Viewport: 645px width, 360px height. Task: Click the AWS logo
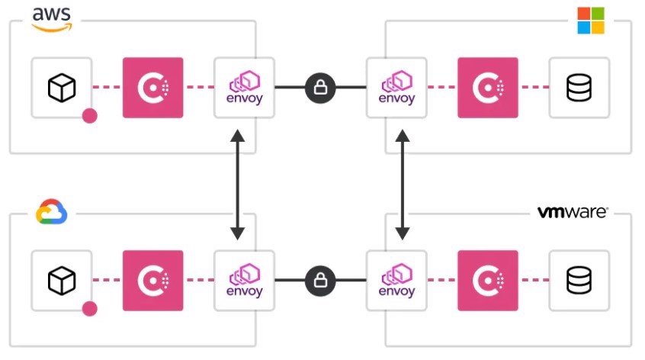(x=51, y=18)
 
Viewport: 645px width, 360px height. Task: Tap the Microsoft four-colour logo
(x=590, y=21)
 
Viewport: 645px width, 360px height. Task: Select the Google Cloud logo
(x=52, y=211)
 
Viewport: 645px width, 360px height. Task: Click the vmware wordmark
(x=573, y=212)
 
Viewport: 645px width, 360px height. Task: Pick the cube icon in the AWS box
(x=62, y=88)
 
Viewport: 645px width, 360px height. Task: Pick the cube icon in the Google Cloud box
(x=62, y=281)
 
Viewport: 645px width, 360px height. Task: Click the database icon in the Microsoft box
(x=579, y=88)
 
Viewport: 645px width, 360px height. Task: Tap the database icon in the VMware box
(x=579, y=281)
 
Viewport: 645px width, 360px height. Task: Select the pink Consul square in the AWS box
(x=153, y=88)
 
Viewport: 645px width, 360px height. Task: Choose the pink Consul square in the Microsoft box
(x=488, y=88)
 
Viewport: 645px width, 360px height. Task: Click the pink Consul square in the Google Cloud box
(x=153, y=281)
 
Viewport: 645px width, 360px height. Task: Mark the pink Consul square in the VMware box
(x=488, y=281)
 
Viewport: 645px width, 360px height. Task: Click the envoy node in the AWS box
(x=245, y=88)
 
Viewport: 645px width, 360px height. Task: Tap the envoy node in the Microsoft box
(x=396, y=88)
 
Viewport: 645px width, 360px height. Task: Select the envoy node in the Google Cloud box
(x=245, y=281)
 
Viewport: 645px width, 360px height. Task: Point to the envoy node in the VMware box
(x=396, y=281)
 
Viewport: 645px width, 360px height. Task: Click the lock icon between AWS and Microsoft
(x=320, y=88)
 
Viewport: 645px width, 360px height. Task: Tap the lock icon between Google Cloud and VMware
(x=320, y=281)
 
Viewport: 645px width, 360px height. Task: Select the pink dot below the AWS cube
(x=90, y=116)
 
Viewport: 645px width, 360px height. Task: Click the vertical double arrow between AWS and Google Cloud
(x=238, y=184)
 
